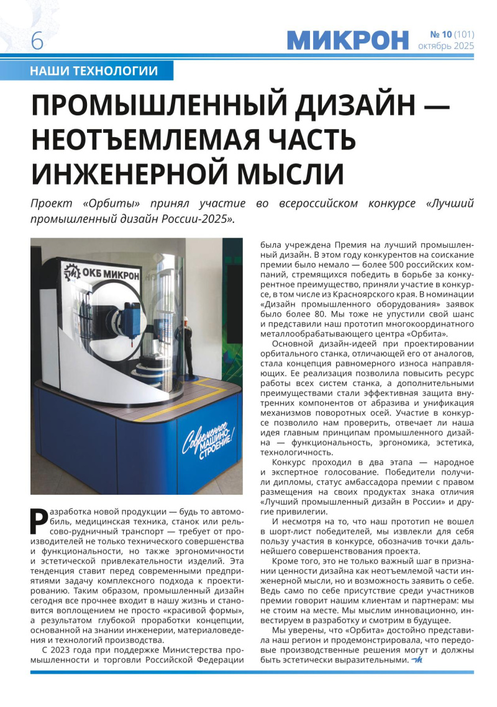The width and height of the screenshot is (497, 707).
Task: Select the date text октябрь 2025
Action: click(445, 46)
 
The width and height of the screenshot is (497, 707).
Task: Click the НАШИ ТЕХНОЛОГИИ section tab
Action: click(93, 71)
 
